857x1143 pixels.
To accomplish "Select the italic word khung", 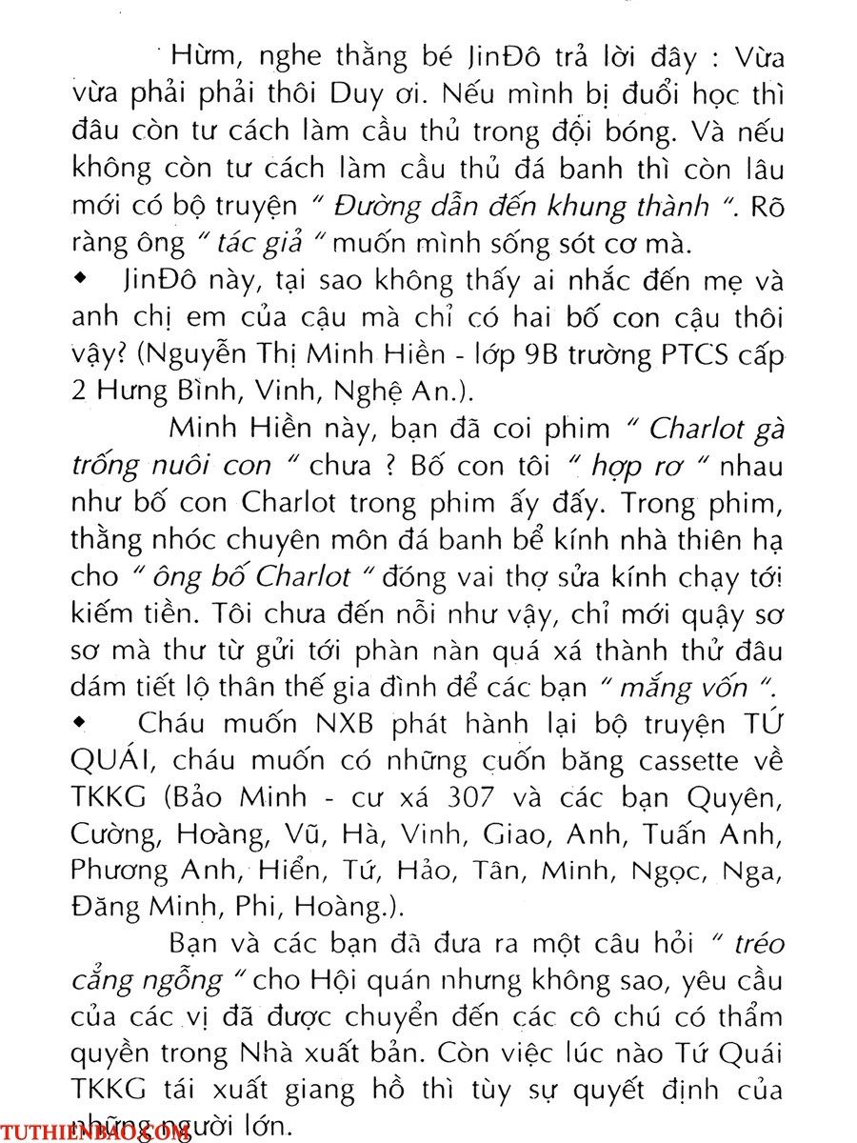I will pos(569,207).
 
